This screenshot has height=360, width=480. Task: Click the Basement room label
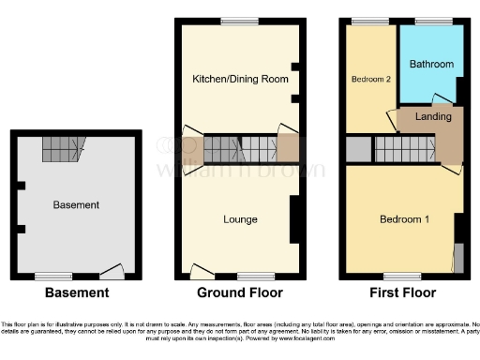tap(76, 204)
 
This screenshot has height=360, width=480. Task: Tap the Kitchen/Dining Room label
tap(240, 78)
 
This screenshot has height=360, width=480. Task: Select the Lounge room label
tap(240, 219)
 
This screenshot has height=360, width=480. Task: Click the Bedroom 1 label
tap(403, 219)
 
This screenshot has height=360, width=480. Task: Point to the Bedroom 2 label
tap(371, 79)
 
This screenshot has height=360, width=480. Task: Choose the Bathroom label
tap(431, 64)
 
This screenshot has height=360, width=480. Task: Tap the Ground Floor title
tap(239, 293)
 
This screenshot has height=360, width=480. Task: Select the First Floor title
tap(402, 293)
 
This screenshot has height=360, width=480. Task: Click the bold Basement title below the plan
tap(76, 293)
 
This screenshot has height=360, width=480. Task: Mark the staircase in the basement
tap(64, 144)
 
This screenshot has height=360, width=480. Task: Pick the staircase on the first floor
tap(404, 148)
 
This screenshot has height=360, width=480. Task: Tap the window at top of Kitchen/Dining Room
tap(240, 21)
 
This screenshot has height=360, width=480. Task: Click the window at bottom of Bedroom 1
tap(403, 277)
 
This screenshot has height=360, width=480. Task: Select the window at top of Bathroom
tap(431, 21)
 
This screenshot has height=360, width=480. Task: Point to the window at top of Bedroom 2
tap(363, 21)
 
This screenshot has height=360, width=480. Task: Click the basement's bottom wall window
tap(49, 277)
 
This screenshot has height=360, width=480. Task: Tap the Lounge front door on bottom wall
tap(201, 272)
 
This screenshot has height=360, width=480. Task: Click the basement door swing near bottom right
tap(112, 271)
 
